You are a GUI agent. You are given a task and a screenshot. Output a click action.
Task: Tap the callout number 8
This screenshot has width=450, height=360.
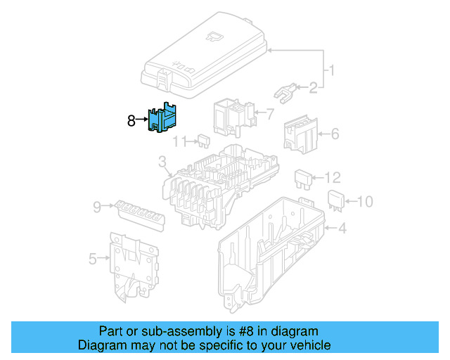tap(131, 121)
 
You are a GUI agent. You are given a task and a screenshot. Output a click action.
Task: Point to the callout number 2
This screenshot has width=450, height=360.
tap(313, 87)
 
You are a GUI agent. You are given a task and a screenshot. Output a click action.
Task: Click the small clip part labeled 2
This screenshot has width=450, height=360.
tap(285, 93)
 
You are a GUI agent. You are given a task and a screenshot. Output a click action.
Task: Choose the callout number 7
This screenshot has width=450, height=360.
tap(269, 112)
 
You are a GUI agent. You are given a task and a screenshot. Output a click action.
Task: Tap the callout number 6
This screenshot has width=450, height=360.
tap(335, 133)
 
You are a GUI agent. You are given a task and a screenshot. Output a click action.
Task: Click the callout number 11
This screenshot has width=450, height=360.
tap(181, 141)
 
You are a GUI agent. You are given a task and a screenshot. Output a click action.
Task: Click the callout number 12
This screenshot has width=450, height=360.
tap(333, 177)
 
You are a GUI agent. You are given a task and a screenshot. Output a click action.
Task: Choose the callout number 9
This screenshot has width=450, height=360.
tap(97, 206)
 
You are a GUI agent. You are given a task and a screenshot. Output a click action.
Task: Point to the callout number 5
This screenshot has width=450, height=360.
tap(93, 259)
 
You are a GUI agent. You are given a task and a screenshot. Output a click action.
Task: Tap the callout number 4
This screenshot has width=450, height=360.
tap(342, 228)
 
